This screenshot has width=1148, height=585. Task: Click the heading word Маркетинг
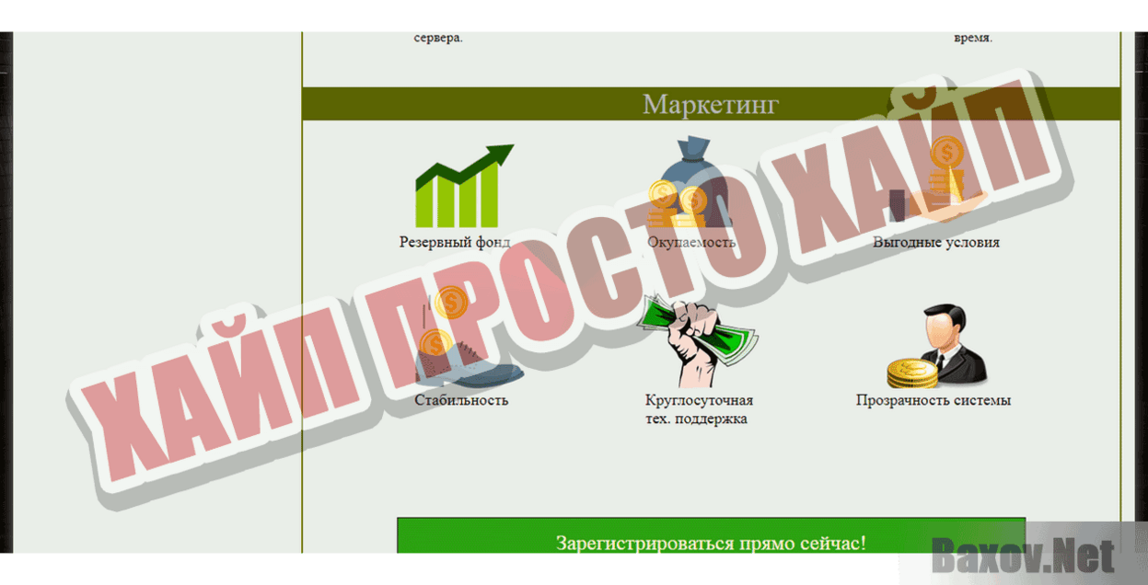point(710,104)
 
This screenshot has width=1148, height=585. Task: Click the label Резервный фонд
point(455,243)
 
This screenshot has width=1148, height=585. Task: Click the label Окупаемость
point(691,243)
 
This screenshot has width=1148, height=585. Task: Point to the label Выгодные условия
point(935,243)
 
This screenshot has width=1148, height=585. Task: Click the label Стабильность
point(460,400)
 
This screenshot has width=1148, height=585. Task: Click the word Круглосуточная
point(699,401)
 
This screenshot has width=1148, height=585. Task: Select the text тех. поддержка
point(696,419)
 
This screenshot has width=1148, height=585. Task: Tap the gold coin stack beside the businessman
point(910,373)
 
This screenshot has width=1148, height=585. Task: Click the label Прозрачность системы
point(933,401)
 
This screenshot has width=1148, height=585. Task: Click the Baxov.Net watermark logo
point(1022,556)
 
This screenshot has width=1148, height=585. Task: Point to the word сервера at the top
point(438,39)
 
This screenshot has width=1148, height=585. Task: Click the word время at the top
point(973,39)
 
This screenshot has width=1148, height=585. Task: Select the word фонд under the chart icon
point(493,243)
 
